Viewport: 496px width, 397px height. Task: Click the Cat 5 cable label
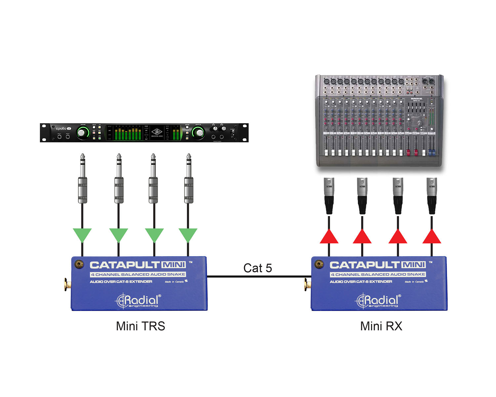tap(258, 268)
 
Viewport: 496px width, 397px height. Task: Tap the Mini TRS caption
tap(140, 326)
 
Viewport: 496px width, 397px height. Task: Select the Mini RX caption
tap(381, 326)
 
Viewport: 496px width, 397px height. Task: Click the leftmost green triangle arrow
tap(82, 235)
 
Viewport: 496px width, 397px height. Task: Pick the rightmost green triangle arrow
tap(188, 235)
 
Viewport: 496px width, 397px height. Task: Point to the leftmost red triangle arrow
tap(329, 237)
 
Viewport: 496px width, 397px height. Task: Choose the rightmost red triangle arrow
tap(432, 237)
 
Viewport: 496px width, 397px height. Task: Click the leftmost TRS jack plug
tap(82, 180)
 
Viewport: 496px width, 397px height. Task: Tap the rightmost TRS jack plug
tap(188, 180)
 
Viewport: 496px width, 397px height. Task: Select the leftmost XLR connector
tap(329, 195)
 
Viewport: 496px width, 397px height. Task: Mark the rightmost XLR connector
tap(432, 195)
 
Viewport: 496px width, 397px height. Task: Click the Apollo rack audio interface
tap(144, 133)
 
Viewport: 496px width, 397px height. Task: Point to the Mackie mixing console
tap(379, 121)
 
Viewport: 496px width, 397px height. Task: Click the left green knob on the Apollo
tap(82, 133)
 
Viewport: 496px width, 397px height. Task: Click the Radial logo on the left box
tap(138, 300)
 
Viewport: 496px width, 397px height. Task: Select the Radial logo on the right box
tap(378, 300)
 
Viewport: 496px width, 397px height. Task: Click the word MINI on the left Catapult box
tap(173, 265)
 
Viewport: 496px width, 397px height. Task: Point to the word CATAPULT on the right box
tap(364, 265)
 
